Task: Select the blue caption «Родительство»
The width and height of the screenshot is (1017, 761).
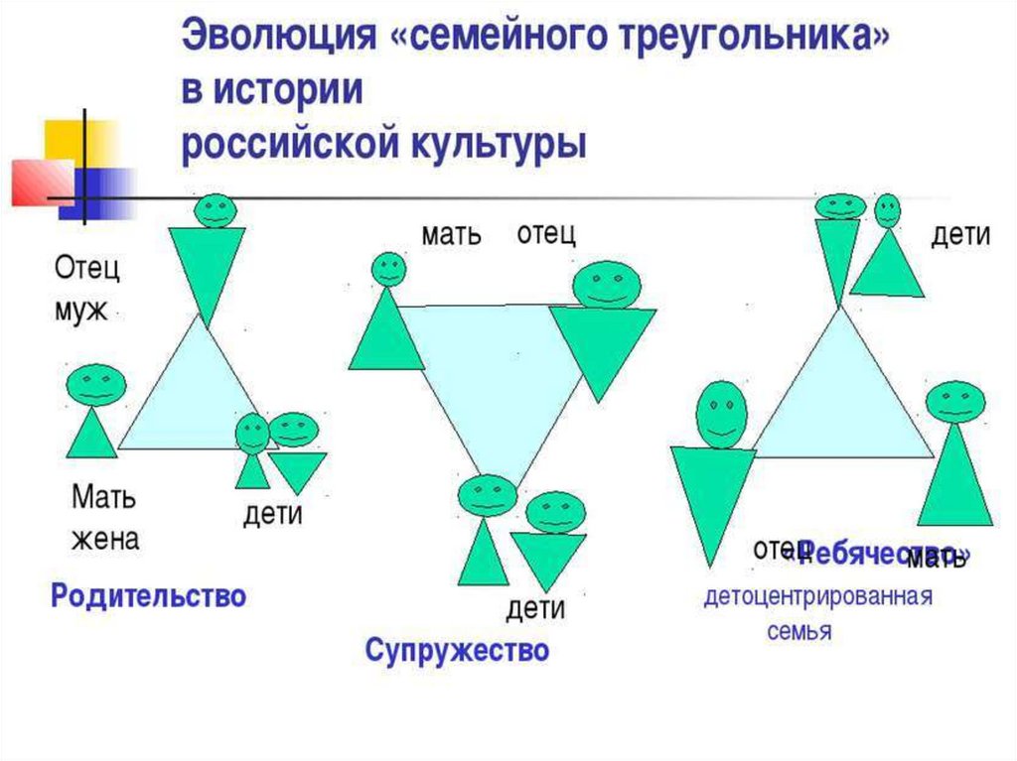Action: pos(148,596)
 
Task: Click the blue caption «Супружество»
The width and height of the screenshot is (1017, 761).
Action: pos(457,651)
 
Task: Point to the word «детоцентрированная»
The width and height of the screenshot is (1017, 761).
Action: pos(817,597)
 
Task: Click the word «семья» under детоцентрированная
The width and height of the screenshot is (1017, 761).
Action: pos(799,632)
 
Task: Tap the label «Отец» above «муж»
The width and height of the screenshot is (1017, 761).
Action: pos(86,268)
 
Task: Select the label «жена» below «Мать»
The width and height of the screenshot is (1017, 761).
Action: pos(104,540)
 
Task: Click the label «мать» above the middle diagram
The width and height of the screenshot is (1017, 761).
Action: pos(451,235)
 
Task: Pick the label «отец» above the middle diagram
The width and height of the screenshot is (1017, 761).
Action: pos(546,234)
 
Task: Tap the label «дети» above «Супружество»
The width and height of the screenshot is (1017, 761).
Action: pos(535,607)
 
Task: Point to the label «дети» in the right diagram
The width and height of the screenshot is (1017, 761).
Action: pos(960,235)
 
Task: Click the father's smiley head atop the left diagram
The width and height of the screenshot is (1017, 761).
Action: pos(214,209)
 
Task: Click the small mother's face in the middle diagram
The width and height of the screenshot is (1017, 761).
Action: pos(387,269)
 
